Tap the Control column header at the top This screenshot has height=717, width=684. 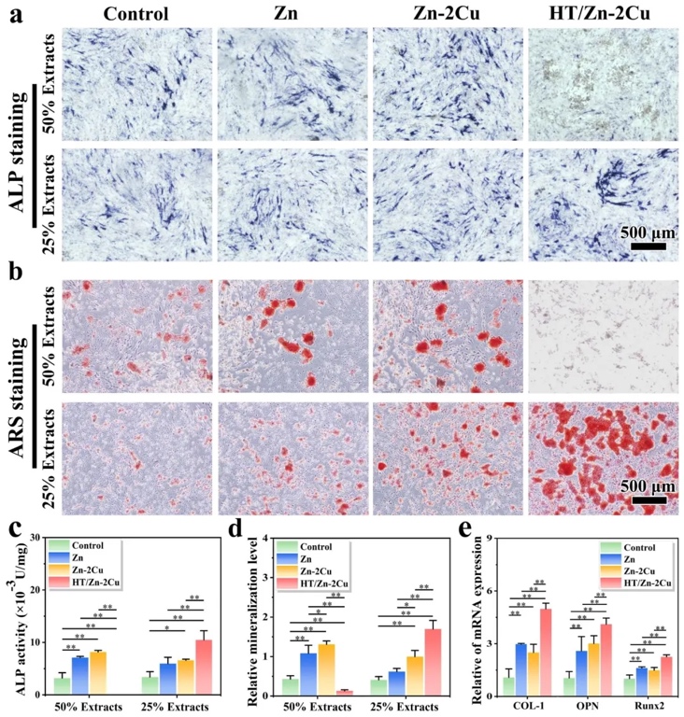[x=137, y=13]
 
